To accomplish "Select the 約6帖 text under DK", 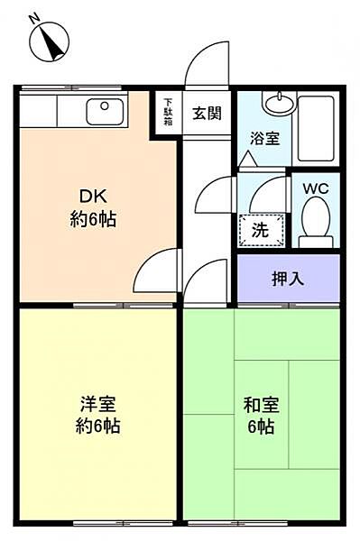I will tap(93, 219).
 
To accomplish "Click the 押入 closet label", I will tap(288, 279).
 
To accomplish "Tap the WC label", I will tap(315, 189).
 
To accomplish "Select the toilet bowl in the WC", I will tap(315, 219).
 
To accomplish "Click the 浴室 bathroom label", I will tap(265, 139).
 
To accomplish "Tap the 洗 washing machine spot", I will tap(260, 230).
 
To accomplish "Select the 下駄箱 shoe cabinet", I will tap(168, 112).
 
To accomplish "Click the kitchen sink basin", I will tap(106, 113).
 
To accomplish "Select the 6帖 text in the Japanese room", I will tap(260, 426).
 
